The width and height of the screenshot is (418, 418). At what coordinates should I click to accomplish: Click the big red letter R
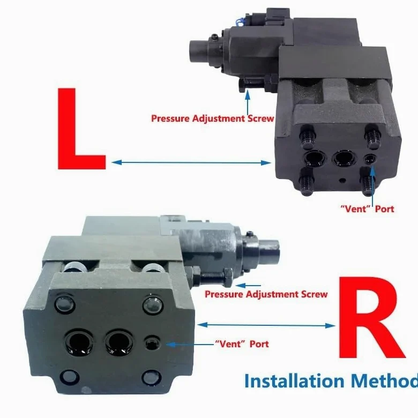[x=370, y=318]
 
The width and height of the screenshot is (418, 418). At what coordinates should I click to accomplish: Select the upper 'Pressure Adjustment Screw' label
[x=212, y=118]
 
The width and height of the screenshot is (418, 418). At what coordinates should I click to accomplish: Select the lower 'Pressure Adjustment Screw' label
[x=266, y=294]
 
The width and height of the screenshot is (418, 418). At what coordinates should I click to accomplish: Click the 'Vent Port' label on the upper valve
[x=367, y=209]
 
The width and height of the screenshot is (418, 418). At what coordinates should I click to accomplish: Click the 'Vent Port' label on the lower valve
[x=242, y=344]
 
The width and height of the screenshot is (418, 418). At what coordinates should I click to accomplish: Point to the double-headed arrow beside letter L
[x=191, y=162]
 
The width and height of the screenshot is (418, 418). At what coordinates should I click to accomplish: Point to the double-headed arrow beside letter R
[x=266, y=325]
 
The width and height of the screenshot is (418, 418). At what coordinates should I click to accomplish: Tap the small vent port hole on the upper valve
[x=370, y=159]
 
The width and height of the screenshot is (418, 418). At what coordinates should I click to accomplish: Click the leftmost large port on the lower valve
[x=78, y=342]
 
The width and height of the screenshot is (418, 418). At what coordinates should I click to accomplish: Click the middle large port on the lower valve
[x=118, y=344]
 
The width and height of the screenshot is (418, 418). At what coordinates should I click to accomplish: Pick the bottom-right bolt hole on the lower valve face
[x=152, y=378]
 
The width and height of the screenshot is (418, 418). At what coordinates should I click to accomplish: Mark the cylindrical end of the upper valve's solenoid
[x=198, y=51]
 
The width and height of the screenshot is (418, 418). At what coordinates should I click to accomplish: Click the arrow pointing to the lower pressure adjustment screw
[x=249, y=286]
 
